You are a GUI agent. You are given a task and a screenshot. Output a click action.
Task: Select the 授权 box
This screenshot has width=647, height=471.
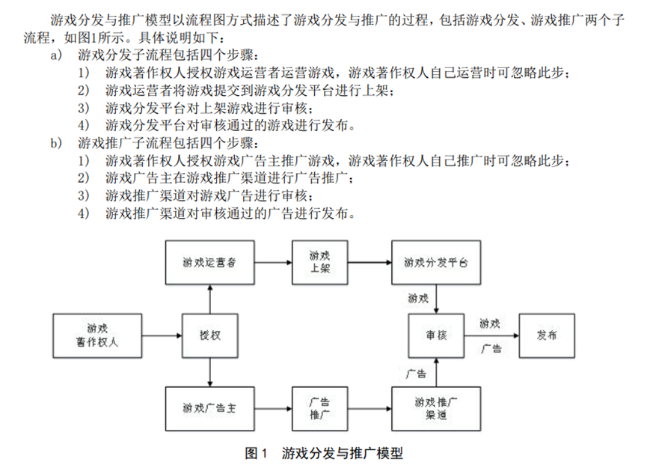[x=210, y=335]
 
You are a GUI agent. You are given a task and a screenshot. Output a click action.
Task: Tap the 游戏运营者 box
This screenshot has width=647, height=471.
[x=210, y=263]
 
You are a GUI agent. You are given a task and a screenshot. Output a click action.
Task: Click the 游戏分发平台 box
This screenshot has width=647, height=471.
[x=436, y=263]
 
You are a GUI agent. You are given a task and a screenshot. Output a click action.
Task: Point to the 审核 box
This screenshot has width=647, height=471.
[x=436, y=335]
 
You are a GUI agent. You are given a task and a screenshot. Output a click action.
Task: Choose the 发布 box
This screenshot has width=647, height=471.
[x=547, y=335]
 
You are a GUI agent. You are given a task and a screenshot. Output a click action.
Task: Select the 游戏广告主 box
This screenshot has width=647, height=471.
[x=210, y=407]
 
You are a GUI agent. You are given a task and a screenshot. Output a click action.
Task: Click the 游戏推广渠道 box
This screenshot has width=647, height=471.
[x=436, y=407]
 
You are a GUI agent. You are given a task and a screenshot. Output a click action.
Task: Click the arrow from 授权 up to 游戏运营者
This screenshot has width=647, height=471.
[x=210, y=300]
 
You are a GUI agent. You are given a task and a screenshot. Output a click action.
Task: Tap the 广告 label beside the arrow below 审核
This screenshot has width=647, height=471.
[x=416, y=373]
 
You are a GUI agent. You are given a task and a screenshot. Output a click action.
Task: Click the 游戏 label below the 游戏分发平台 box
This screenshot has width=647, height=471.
[x=418, y=298]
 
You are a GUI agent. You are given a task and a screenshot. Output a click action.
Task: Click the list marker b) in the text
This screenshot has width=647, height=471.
[x=55, y=142]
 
